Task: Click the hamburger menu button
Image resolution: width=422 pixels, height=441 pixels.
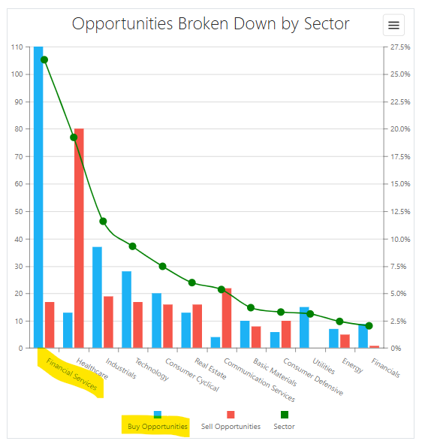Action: (393, 25)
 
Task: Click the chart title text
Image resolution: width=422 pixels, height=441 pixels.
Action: (210, 24)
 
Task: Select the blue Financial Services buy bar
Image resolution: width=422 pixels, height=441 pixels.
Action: (38, 197)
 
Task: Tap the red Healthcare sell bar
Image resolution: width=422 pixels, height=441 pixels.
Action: (79, 238)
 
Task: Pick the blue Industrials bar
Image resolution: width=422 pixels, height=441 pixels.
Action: (98, 298)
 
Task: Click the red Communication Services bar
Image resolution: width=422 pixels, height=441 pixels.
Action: (227, 318)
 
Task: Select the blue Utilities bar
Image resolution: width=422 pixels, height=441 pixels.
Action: (304, 328)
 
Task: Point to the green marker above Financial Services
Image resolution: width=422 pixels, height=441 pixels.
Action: (44, 59)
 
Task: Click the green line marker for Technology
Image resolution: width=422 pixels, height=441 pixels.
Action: (133, 246)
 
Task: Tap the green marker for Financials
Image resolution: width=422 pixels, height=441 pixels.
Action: (369, 326)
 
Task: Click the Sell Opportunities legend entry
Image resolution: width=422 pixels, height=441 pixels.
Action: (231, 421)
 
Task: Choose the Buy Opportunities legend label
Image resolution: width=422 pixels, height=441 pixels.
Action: (158, 427)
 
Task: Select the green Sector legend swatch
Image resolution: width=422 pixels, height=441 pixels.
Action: (285, 415)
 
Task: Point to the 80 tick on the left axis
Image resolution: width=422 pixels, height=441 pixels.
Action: (19, 129)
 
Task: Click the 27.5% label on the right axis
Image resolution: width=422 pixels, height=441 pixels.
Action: (400, 47)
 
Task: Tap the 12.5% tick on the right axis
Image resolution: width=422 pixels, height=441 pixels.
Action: (400, 212)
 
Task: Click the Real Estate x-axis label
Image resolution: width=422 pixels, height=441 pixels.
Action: (210, 368)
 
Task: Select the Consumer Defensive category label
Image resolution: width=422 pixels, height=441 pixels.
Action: (313, 376)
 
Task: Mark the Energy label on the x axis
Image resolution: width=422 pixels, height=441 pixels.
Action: (353, 365)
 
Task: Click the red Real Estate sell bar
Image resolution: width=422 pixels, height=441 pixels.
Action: (197, 326)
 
